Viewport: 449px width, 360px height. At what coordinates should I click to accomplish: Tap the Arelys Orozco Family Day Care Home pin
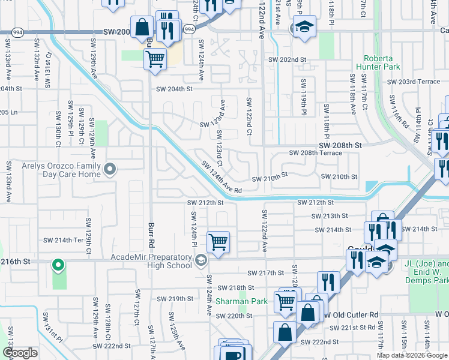pos(109,170)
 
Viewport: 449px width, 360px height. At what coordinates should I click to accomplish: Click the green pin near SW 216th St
pos(58,264)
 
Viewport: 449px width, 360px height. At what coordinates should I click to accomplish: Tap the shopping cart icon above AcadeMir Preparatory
pos(217,242)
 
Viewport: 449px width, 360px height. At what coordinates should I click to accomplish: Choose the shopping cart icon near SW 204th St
pos(155,59)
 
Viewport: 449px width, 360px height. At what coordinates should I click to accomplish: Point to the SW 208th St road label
pos(340,145)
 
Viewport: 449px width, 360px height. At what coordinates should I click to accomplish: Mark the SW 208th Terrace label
pos(315,153)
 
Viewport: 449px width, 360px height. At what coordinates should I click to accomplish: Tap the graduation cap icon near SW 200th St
pos(304,27)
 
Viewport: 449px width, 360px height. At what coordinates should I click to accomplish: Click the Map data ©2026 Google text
pos(411,355)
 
